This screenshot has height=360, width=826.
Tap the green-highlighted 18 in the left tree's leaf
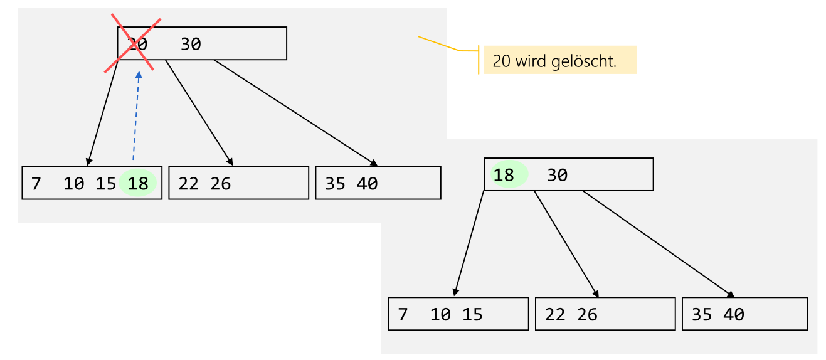coord(138,184)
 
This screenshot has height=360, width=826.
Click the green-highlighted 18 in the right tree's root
coord(504,175)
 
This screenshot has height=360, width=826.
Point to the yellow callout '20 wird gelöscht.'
coord(560,61)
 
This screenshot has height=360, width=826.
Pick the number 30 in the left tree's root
coord(191,45)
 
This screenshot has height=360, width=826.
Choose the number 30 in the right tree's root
coord(557,176)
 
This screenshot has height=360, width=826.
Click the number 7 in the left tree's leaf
coord(36,184)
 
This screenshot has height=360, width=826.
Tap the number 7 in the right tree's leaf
coord(403,314)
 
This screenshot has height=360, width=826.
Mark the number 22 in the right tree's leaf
coord(555,314)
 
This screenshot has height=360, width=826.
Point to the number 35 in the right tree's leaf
coord(702,314)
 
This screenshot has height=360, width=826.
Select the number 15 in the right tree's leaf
coord(472,314)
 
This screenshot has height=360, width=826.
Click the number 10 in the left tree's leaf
coord(74,184)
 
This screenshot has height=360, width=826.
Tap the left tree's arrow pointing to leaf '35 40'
coord(295,113)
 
